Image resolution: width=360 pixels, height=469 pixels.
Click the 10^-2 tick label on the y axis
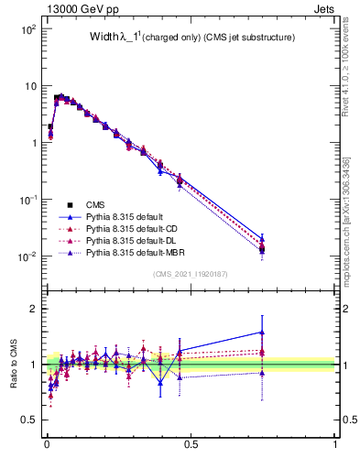(27, 256)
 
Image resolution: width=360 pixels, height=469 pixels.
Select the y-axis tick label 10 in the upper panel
(29, 86)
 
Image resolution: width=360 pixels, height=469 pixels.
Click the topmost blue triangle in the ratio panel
(262, 333)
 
